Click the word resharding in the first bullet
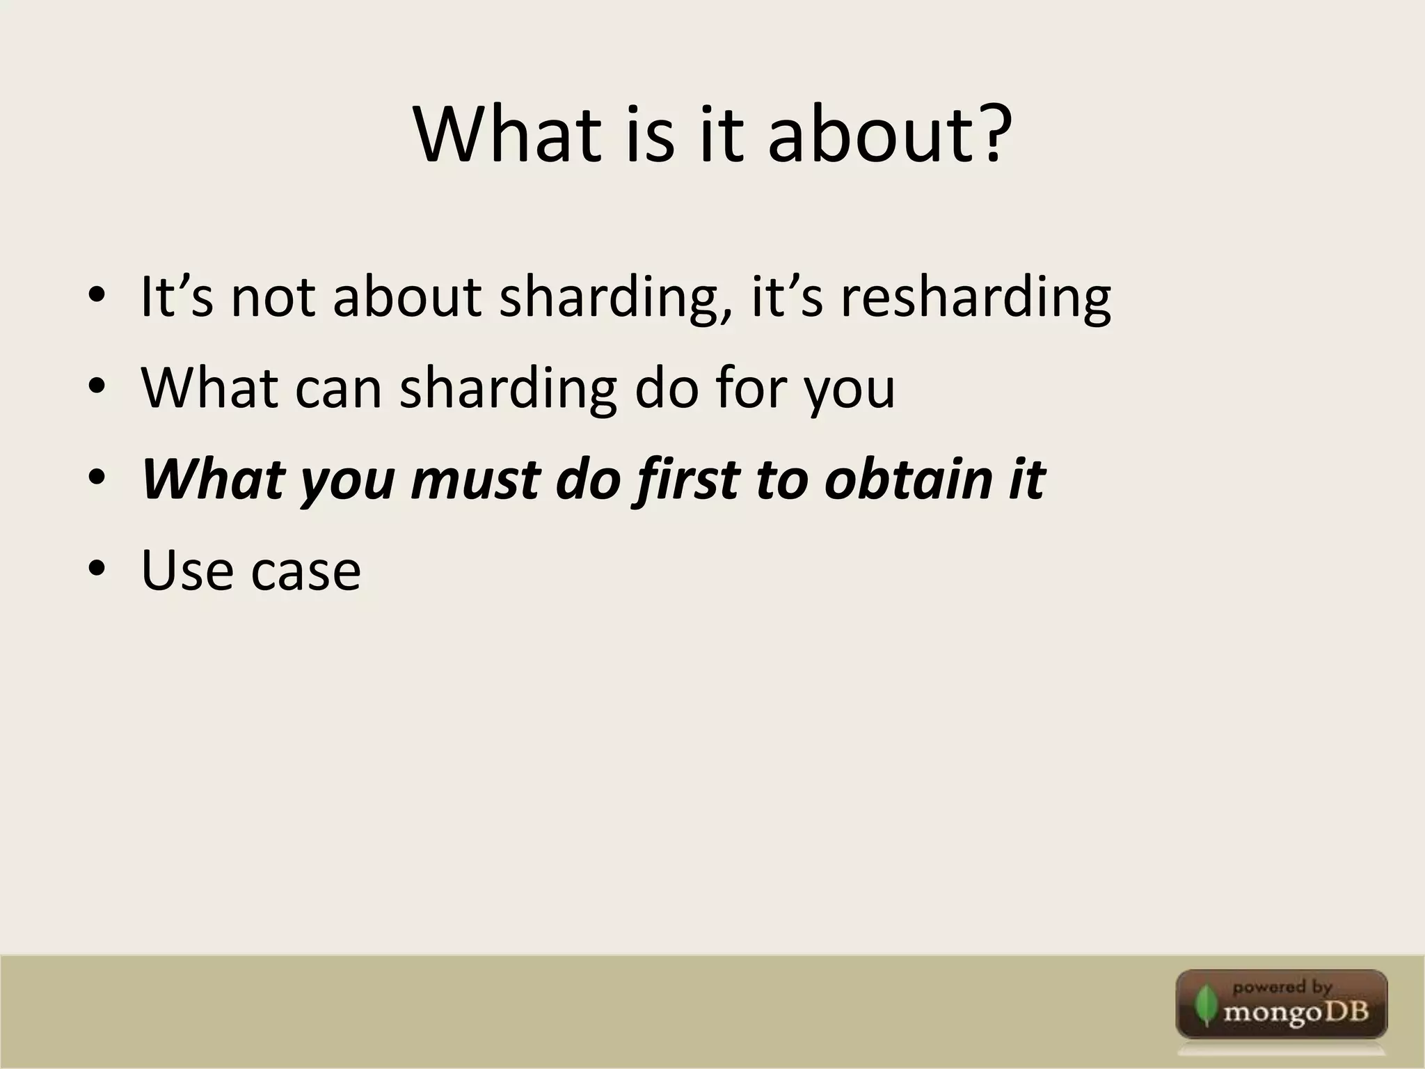[x=976, y=298]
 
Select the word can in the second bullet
[x=338, y=388]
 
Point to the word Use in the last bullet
[x=186, y=571]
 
